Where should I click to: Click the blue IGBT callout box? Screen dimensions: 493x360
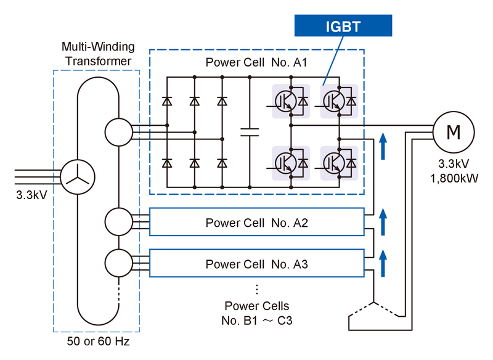343,25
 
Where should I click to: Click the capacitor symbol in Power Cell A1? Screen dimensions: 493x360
250,132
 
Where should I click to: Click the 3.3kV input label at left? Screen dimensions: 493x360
31,195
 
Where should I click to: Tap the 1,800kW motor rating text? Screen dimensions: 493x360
454,178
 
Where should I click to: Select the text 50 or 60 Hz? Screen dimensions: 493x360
98,341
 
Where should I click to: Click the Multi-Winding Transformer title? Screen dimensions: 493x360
98,54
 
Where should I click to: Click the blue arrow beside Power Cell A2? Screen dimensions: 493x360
383,222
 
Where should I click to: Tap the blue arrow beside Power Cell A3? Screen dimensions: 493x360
383,263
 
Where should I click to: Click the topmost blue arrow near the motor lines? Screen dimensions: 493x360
383,146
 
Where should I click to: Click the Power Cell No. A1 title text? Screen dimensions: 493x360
256,62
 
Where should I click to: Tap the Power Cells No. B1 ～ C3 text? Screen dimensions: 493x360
257,313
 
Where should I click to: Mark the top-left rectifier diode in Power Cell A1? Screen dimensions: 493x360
167,101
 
